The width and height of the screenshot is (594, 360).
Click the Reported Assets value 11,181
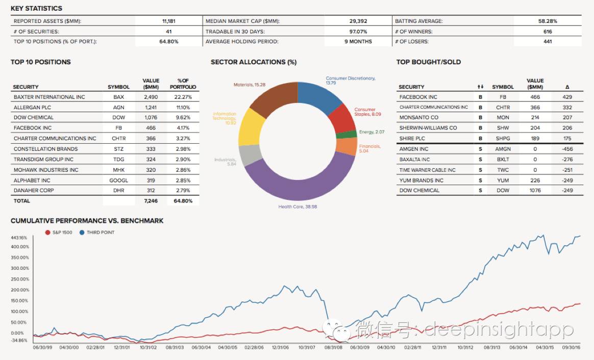(x=169, y=21)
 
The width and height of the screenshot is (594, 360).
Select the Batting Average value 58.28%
(x=548, y=21)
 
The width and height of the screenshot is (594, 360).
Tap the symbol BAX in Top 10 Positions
(x=118, y=97)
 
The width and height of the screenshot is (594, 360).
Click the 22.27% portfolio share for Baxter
(x=183, y=97)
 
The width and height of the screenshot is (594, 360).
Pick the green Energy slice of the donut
(x=347, y=134)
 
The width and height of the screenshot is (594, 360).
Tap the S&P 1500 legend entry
(x=60, y=233)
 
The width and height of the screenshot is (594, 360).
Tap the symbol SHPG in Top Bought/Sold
(x=503, y=138)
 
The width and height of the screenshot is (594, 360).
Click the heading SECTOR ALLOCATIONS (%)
(x=254, y=62)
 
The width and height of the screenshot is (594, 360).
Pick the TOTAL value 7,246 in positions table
(x=151, y=201)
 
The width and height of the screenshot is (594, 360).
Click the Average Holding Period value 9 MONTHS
(x=358, y=41)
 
